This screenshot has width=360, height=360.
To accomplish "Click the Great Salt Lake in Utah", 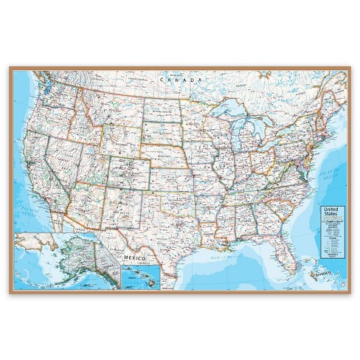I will point(91,148).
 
